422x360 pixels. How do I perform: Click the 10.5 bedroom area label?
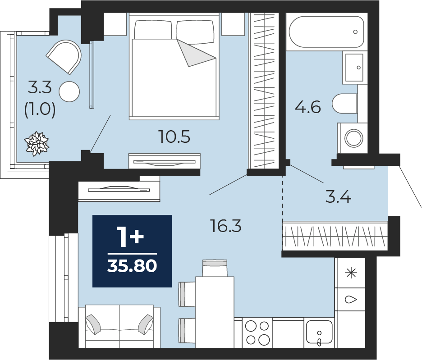pos(174,137)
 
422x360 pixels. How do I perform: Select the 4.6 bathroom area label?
pos(308,107)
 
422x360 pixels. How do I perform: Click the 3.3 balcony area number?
pos(40,87)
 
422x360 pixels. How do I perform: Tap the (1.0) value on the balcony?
pos(40,109)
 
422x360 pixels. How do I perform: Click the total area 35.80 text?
pos(132,266)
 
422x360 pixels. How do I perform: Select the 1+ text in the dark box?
pos(131,237)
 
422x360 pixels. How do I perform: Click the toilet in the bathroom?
pos(345,104)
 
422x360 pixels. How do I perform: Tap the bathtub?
pos(326,32)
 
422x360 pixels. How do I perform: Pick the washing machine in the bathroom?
pos(352,138)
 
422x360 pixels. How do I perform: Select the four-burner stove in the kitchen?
pos(257,333)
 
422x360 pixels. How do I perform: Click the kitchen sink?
pos(319,333)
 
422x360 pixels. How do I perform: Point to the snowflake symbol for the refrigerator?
pos(351,273)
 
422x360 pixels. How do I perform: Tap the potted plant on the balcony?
pos(37,144)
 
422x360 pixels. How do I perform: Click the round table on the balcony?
pos(69,91)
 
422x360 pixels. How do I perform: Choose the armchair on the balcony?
pos(64,57)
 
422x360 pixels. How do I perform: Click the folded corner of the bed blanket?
pos(196,53)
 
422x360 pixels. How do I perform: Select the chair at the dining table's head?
pos(215,268)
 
